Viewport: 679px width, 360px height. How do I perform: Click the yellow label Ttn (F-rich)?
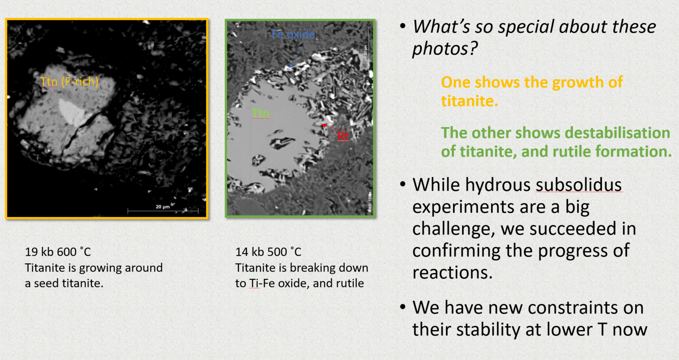69,82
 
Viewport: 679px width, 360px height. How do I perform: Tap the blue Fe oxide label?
293,34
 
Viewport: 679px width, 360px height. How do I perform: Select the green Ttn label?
260,113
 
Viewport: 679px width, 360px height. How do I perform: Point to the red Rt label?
343,136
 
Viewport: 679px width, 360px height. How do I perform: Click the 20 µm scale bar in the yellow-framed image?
163,211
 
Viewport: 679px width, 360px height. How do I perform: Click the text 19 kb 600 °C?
58,252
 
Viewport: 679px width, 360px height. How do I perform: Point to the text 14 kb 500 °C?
268,252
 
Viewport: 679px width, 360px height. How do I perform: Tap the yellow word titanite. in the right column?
469,101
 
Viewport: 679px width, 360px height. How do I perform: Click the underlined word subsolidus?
579,185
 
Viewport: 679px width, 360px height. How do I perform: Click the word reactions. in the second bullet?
452,273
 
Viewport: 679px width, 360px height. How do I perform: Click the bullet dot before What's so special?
403,27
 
